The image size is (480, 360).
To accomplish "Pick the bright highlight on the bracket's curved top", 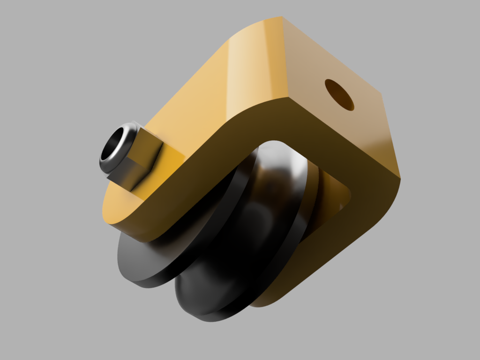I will [244, 70].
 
